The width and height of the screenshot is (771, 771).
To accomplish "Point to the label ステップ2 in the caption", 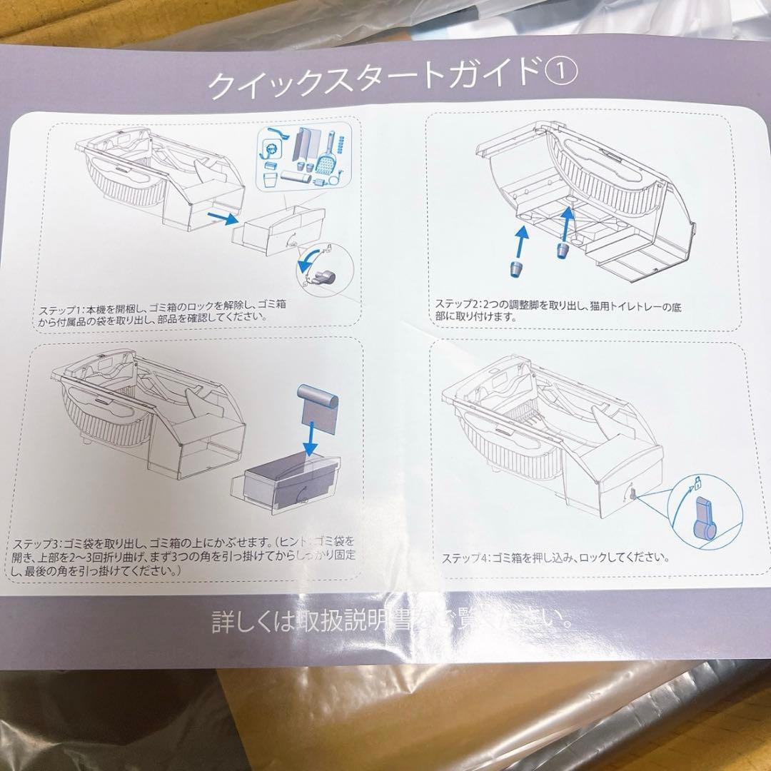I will [458, 304].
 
